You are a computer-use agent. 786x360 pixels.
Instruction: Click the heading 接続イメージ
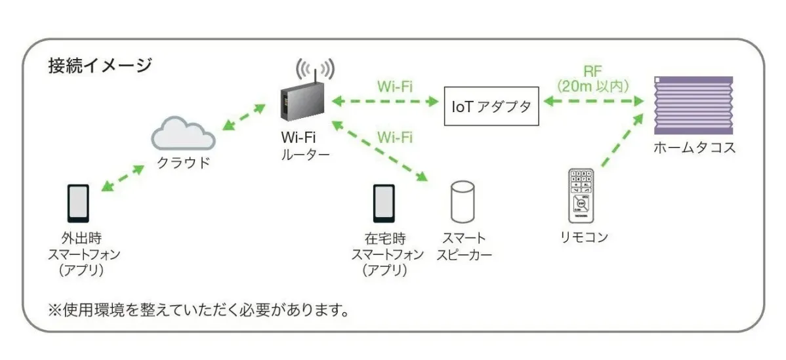coord(100,66)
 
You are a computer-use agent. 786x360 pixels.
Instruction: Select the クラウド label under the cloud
coord(183,163)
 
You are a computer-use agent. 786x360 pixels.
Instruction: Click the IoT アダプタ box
coord(491,105)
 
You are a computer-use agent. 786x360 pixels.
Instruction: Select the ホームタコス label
coord(694,148)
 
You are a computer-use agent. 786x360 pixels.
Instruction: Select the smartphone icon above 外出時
coord(78,203)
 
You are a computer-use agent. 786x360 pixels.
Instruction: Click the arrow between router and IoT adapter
coord(384,102)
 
